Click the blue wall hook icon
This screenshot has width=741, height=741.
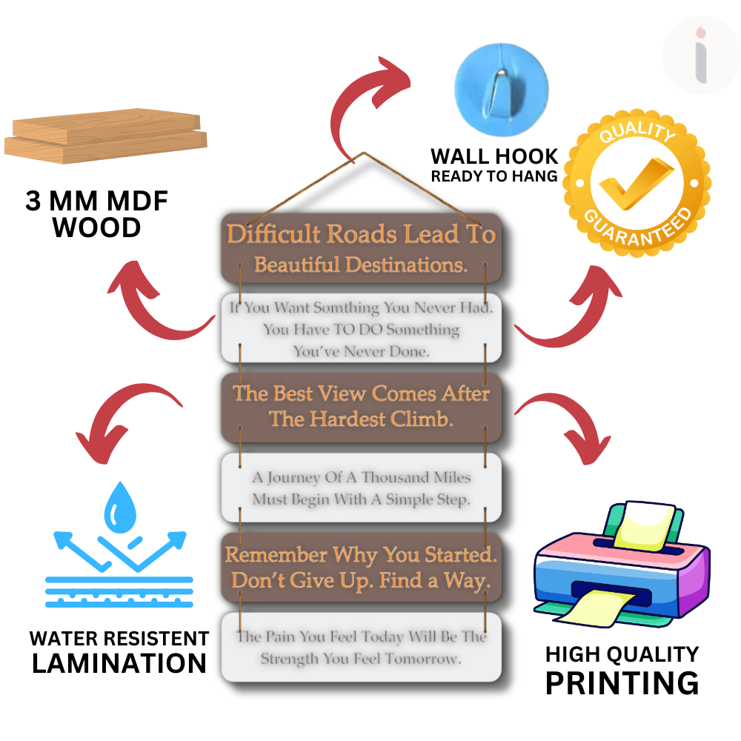pyautogui.click(x=501, y=85)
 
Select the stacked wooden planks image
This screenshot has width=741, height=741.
pyautogui.click(x=105, y=135)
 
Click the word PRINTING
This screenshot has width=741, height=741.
pyautogui.click(x=622, y=682)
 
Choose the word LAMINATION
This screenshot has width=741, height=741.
pyautogui.click(x=119, y=662)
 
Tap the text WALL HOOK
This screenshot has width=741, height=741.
pyautogui.click(x=494, y=156)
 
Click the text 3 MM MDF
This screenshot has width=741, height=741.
pyautogui.click(x=97, y=202)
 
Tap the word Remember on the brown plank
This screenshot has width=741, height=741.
pyautogui.click(x=276, y=554)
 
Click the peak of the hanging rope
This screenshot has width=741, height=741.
pyautogui.click(x=363, y=153)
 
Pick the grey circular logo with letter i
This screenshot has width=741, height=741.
pyautogui.click(x=700, y=56)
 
